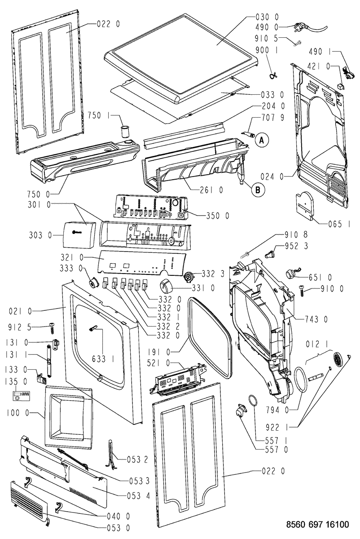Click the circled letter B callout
(x=258, y=190)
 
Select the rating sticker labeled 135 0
(x=21, y=396)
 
